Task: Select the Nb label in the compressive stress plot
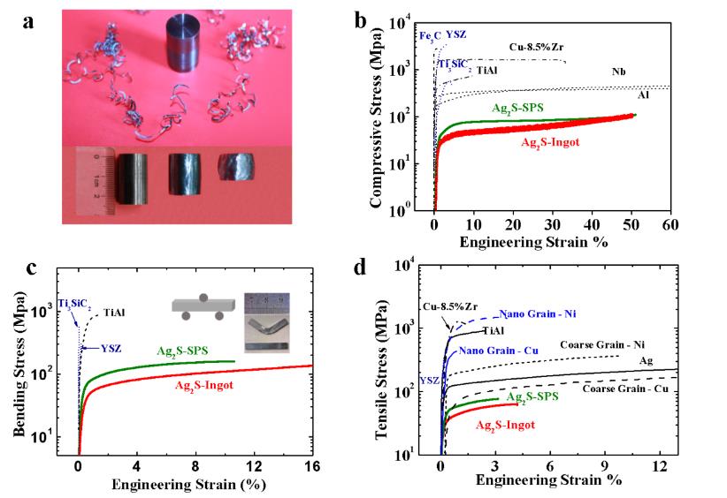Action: pos(618,72)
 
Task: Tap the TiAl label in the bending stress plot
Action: pos(113,312)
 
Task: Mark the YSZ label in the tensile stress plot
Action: pos(428,381)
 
